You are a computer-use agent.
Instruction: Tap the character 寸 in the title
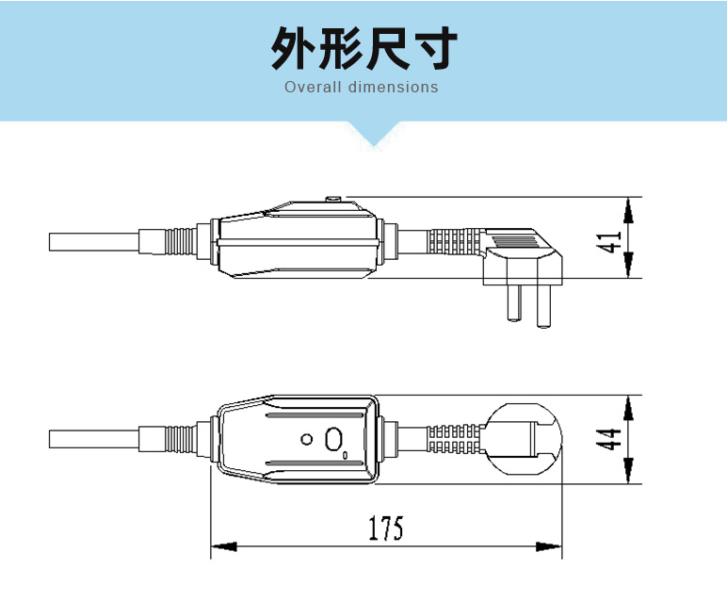tap(434, 49)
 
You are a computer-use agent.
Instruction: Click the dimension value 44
tap(611, 439)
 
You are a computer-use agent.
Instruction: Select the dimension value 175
tap(385, 529)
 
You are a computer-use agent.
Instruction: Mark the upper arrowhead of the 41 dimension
tap(628, 210)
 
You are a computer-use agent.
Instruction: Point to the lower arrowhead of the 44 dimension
tap(628, 470)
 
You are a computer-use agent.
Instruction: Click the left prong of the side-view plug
tap(512, 301)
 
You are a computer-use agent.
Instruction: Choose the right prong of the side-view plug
tap(543, 306)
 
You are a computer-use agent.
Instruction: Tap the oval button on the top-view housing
tap(333, 439)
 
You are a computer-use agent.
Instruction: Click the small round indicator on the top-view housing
tap(306, 439)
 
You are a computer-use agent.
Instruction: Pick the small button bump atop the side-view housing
tap(333, 199)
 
